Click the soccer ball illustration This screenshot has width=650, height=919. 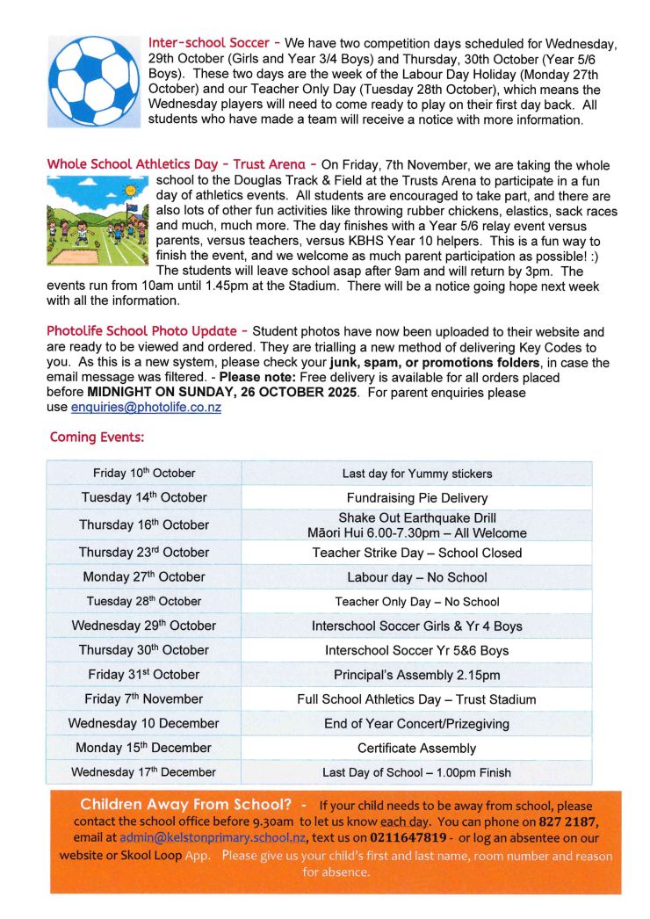click(x=94, y=82)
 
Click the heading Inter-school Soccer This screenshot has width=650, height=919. click(x=209, y=42)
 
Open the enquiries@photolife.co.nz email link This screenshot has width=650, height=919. click(x=146, y=408)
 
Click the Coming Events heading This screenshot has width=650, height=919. click(x=97, y=437)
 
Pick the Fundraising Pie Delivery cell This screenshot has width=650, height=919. click(x=416, y=497)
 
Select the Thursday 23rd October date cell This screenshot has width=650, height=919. click(x=144, y=553)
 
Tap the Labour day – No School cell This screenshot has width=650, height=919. click(x=416, y=577)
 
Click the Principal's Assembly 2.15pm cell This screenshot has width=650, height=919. click(x=416, y=675)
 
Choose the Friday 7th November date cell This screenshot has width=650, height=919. click(x=144, y=699)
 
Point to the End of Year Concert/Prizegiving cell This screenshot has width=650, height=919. click(x=416, y=724)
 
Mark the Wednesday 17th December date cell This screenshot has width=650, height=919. click(x=144, y=772)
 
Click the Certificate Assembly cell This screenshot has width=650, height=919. click(x=416, y=749)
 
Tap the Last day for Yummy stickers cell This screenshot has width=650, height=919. click(x=416, y=474)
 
